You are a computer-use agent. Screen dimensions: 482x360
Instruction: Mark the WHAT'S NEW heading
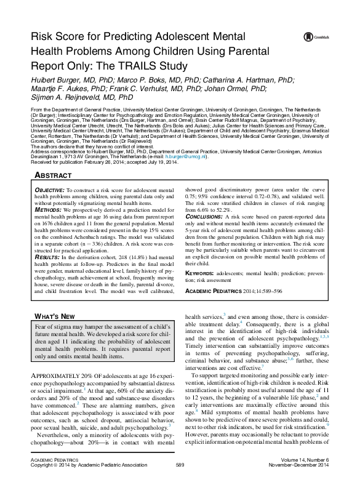click(54, 316)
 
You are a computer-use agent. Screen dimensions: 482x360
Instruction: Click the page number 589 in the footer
click(180, 464)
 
